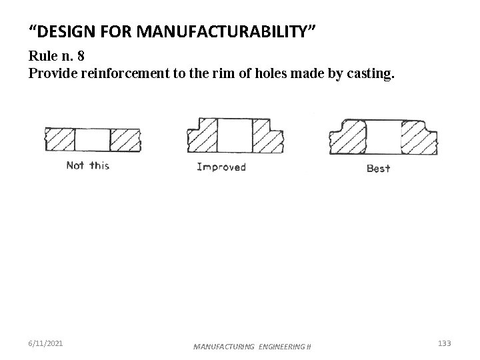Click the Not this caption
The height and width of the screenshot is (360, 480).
[87, 165]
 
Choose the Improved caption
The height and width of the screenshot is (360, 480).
[221, 167]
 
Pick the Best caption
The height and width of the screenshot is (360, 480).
[378, 169]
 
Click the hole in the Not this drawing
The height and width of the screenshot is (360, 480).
[92, 140]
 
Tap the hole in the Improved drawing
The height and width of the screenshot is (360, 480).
[232, 137]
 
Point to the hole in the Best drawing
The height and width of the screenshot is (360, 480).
[382, 138]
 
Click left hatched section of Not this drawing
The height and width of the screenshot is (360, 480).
[60, 140]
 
